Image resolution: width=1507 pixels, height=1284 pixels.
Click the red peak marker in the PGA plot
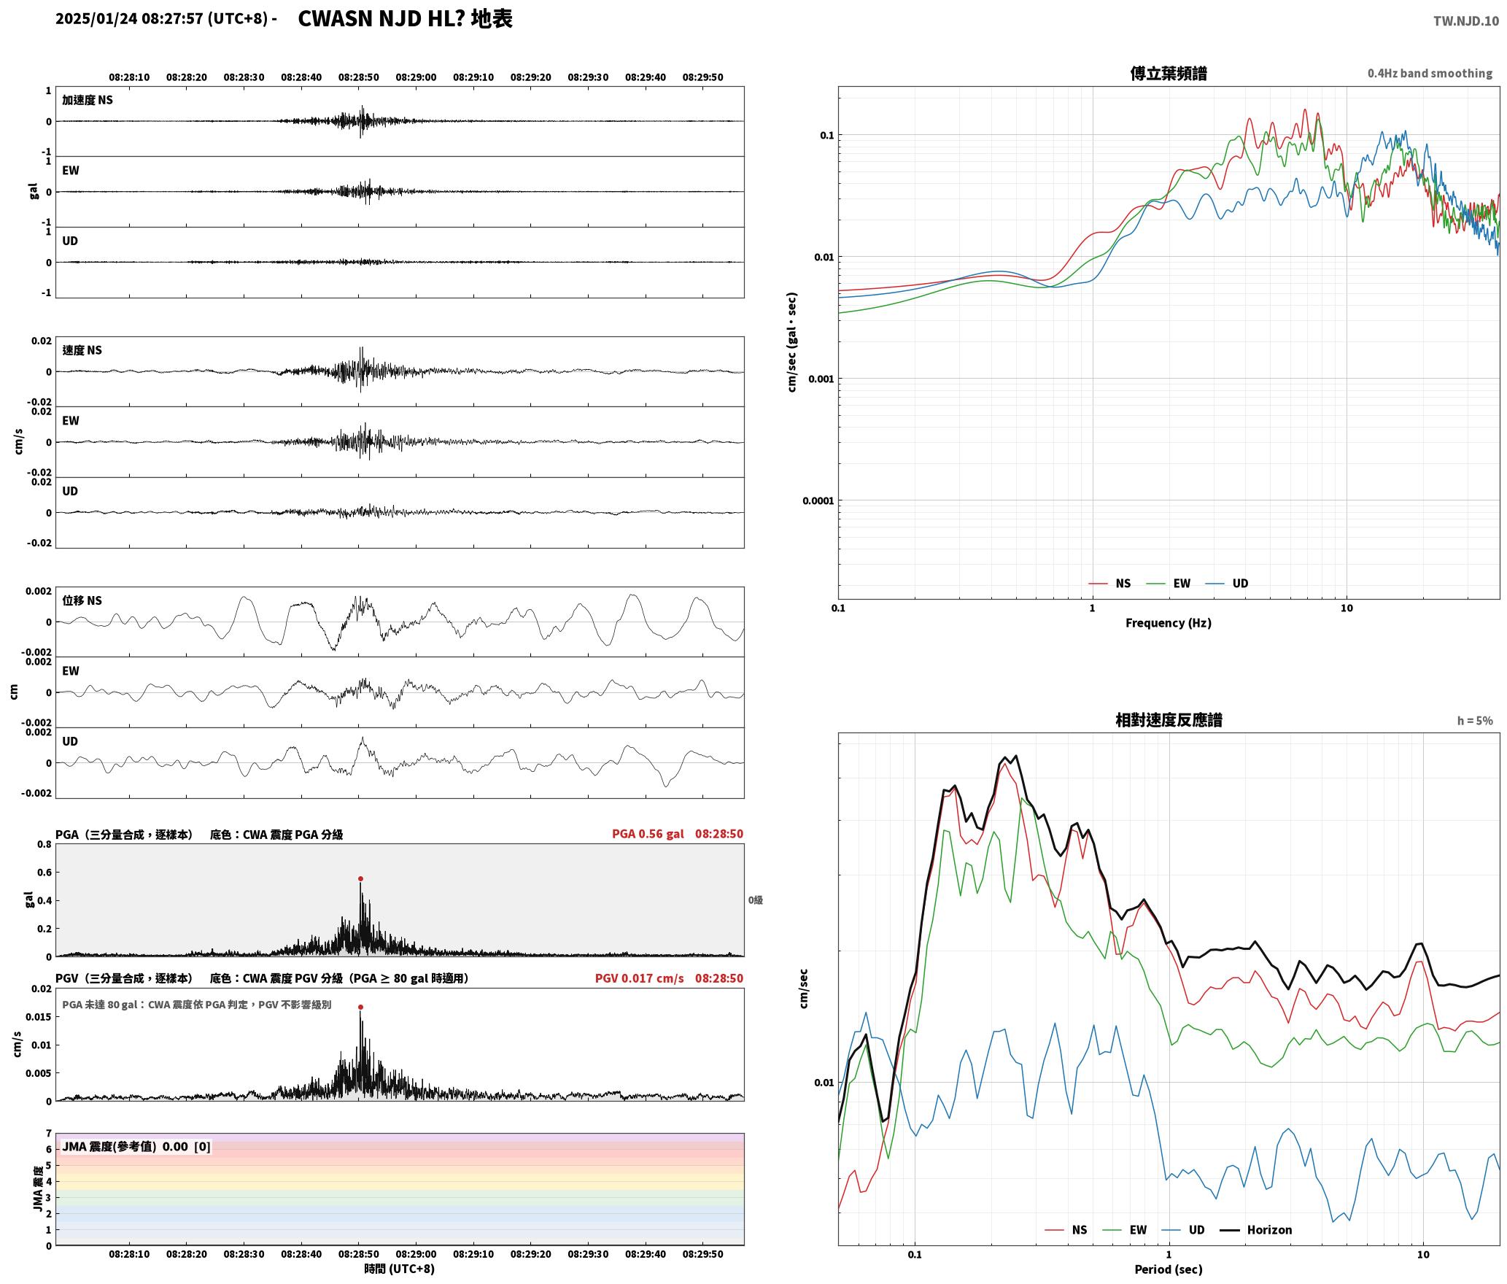[360, 879]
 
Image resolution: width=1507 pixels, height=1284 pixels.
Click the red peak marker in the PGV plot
[360, 1008]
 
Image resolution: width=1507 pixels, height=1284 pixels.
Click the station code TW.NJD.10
[1466, 21]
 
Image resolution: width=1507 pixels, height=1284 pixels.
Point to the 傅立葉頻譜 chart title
[1169, 74]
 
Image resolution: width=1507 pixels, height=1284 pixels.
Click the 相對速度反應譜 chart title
[1169, 720]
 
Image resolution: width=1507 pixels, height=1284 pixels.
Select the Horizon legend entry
[1256, 1230]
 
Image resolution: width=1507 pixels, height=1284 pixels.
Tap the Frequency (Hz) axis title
[1169, 623]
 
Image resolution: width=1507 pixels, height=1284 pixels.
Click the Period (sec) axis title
[1169, 1269]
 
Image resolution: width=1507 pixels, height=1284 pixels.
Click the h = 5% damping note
[1475, 721]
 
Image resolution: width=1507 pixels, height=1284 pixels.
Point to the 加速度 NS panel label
[88, 100]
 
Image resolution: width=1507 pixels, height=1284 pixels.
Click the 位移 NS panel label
[82, 600]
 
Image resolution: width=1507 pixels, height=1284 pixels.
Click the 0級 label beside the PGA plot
[756, 900]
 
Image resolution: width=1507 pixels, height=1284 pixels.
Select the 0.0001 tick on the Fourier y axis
[818, 501]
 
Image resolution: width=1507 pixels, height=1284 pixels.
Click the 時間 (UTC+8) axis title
[400, 1269]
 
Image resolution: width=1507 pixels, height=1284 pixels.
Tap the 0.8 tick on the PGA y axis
[44, 845]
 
